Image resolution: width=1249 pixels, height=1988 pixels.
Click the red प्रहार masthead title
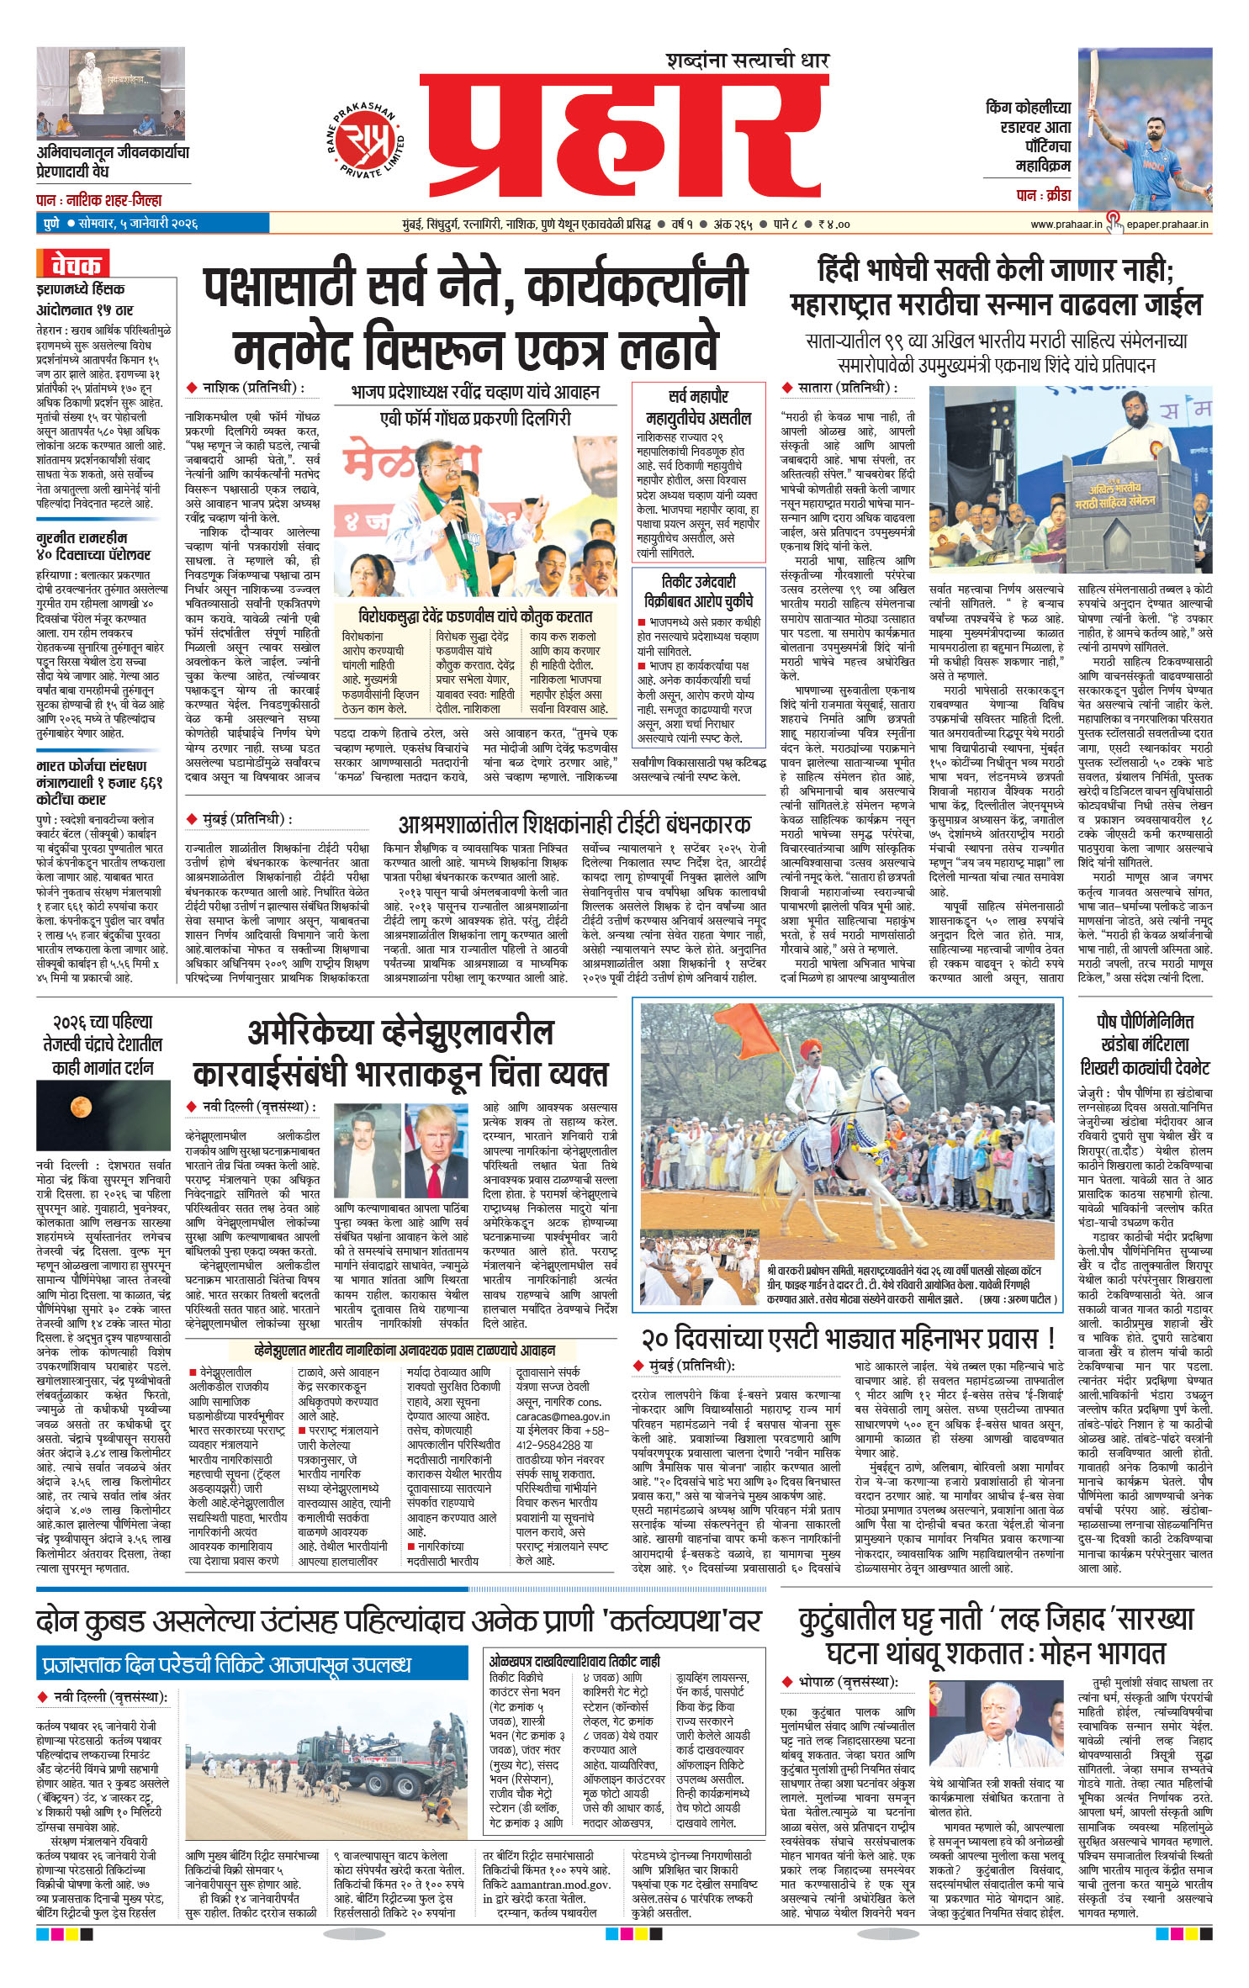pos(622,143)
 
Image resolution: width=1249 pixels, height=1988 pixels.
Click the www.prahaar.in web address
pos(1066,225)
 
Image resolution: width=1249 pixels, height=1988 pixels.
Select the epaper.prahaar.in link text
pos(1167,225)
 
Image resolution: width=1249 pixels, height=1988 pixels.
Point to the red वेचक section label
pos(73,265)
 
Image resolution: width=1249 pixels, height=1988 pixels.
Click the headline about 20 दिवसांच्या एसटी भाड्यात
pos(847,1338)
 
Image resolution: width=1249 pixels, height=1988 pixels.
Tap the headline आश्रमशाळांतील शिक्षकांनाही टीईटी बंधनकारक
pos(574,824)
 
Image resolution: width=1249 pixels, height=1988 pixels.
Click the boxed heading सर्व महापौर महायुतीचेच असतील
pos(698,407)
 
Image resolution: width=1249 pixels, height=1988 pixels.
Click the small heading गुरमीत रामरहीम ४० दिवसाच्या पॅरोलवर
pos(93,545)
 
